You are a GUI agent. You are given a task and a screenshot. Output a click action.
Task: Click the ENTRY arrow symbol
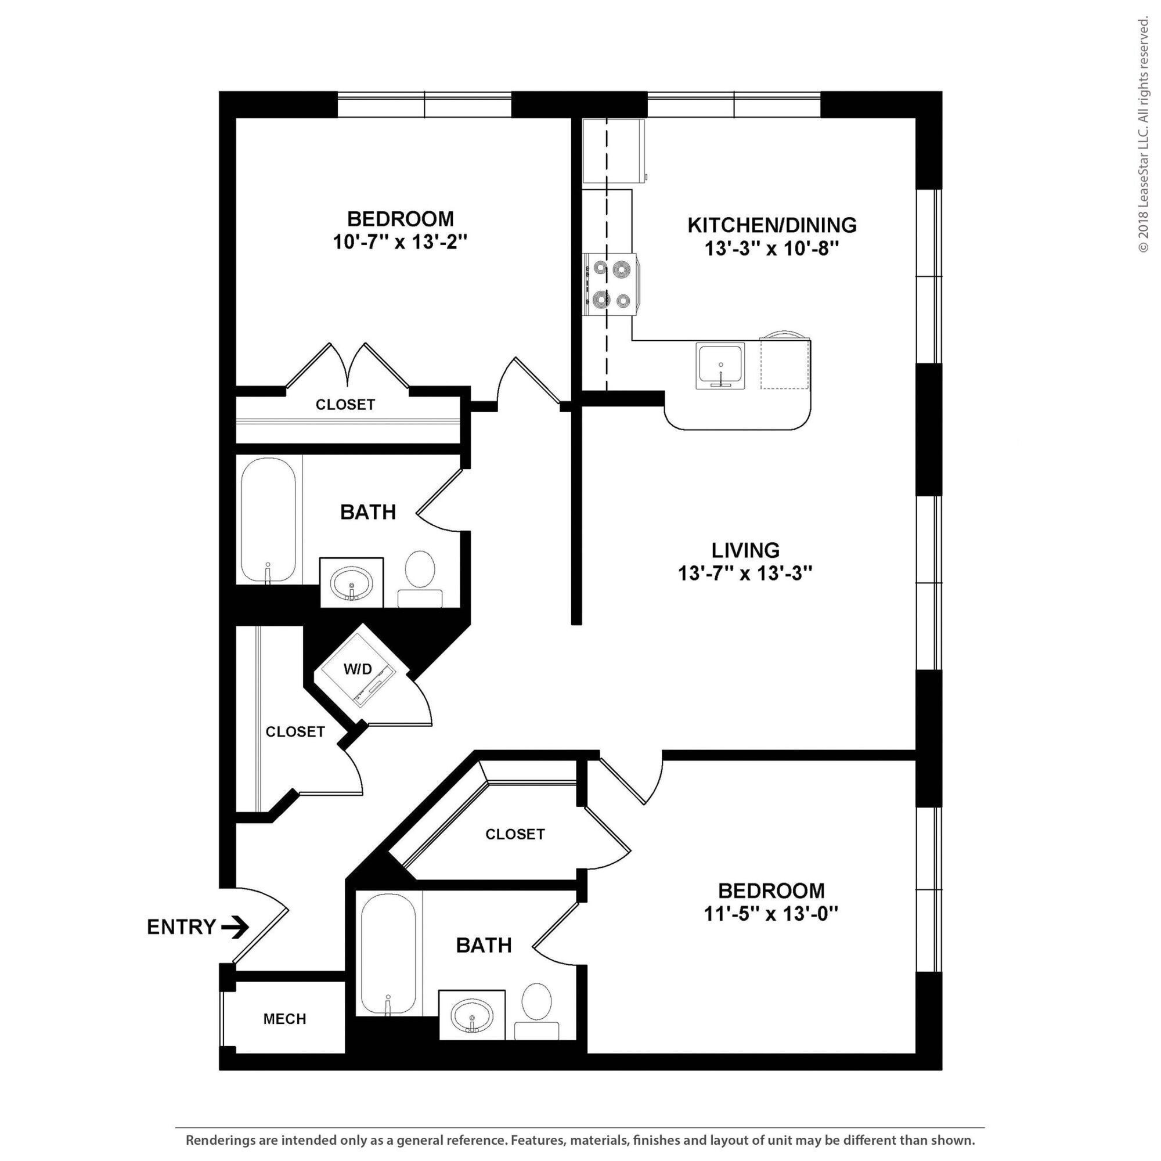[x=235, y=927]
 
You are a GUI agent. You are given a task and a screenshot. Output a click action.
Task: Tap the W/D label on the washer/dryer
[x=358, y=669]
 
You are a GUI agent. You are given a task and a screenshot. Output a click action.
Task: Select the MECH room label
[x=285, y=1019]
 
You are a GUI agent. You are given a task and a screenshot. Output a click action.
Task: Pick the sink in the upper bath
[x=352, y=583]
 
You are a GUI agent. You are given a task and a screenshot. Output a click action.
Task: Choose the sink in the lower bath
[x=472, y=1015]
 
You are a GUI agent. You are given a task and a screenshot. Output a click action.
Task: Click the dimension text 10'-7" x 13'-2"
[x=400, y=242]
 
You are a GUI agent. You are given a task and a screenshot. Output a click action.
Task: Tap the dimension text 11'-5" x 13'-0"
[x=771, y=914]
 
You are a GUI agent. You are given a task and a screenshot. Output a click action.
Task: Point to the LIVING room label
[x=745, y=550]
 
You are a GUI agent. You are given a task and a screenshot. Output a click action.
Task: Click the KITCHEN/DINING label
[x=771, y=225]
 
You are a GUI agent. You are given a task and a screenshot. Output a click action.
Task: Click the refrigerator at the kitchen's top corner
[x=614, y=152]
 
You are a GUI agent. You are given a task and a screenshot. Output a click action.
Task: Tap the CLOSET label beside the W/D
[x=295, y=731]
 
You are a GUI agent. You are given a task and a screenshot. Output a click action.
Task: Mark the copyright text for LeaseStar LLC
[x=1143, y=135]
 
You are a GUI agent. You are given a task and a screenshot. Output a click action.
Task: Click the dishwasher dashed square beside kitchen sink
[x=784, y=365]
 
